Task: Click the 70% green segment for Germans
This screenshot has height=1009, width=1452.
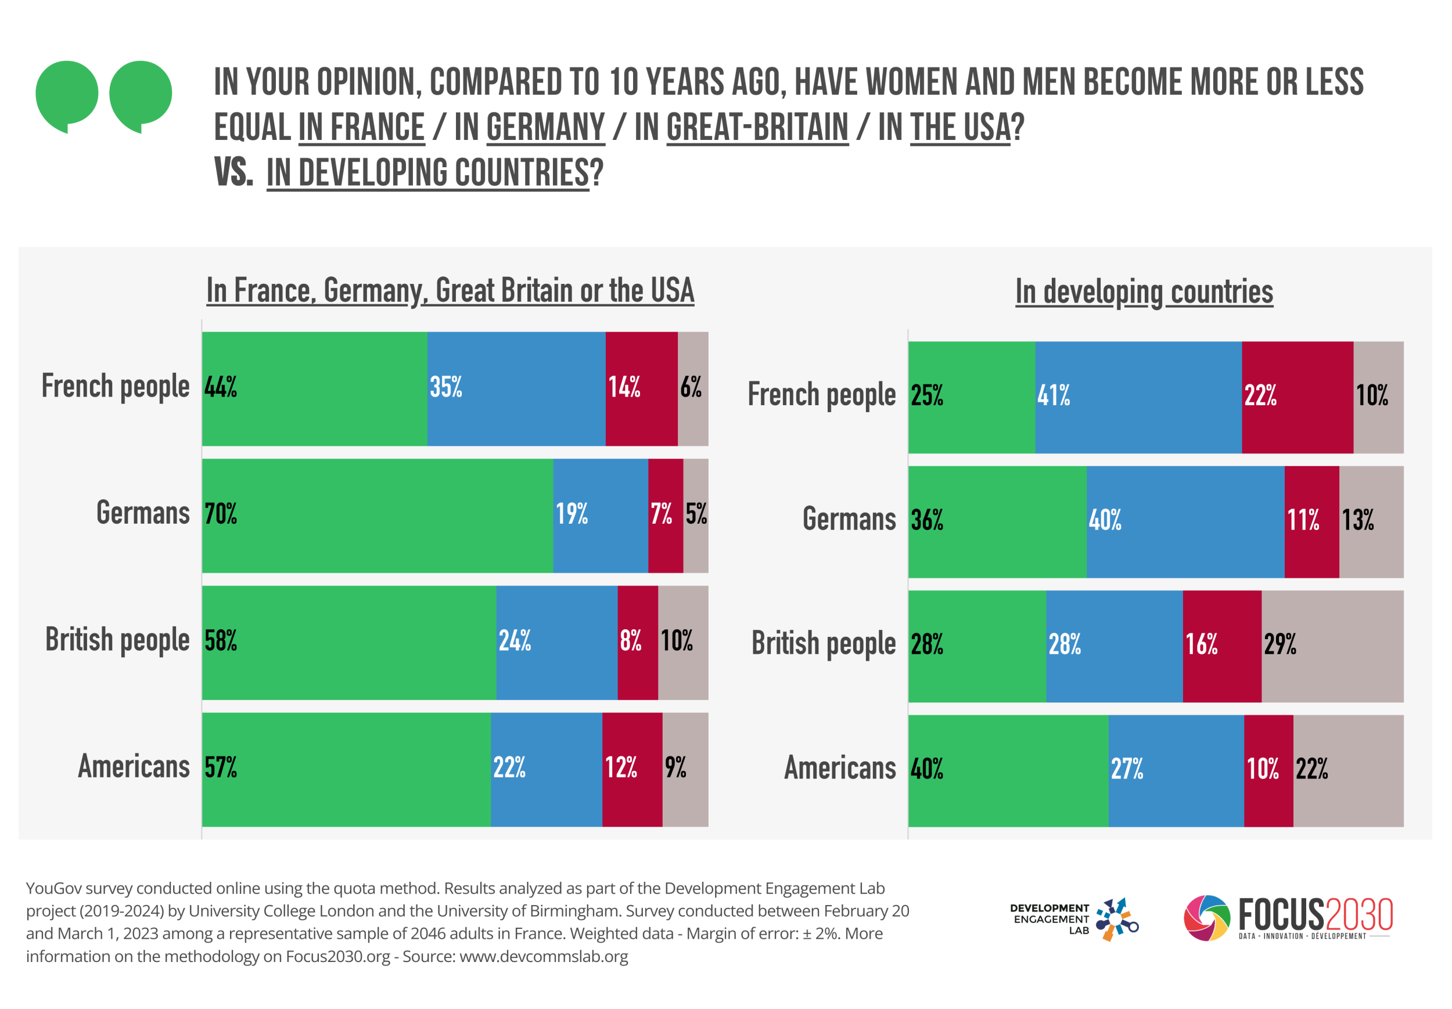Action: [x=378, y=516]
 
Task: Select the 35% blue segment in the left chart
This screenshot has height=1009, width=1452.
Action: [x=516, y=389]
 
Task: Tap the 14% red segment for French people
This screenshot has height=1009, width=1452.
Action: [x=641, y=389]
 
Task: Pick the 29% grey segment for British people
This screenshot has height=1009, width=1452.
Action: [x=1332, y=646]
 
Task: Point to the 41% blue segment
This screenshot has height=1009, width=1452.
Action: [x=1138, y=397]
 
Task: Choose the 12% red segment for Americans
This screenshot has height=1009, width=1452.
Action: [x=632, y=769]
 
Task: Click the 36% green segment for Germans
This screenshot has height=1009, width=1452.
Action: [x=997, y=521]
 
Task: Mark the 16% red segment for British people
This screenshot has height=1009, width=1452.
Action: [x=1222, y=646]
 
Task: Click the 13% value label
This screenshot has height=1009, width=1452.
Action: [x=1358, y=520]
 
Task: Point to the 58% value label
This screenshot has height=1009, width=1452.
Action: [x=221, y=641]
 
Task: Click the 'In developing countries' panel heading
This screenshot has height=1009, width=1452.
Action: [x=1144, y=292]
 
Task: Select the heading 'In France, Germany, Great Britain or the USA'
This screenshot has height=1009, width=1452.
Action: [x=450, y=291]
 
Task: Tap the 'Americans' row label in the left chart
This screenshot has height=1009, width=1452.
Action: [x=134, y=767]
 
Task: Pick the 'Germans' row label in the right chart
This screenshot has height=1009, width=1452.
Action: [x=849, y=520]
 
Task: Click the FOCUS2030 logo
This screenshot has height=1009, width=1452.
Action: [x=1288, y=917]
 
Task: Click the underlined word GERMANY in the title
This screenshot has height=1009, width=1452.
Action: [x=545, y=127]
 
